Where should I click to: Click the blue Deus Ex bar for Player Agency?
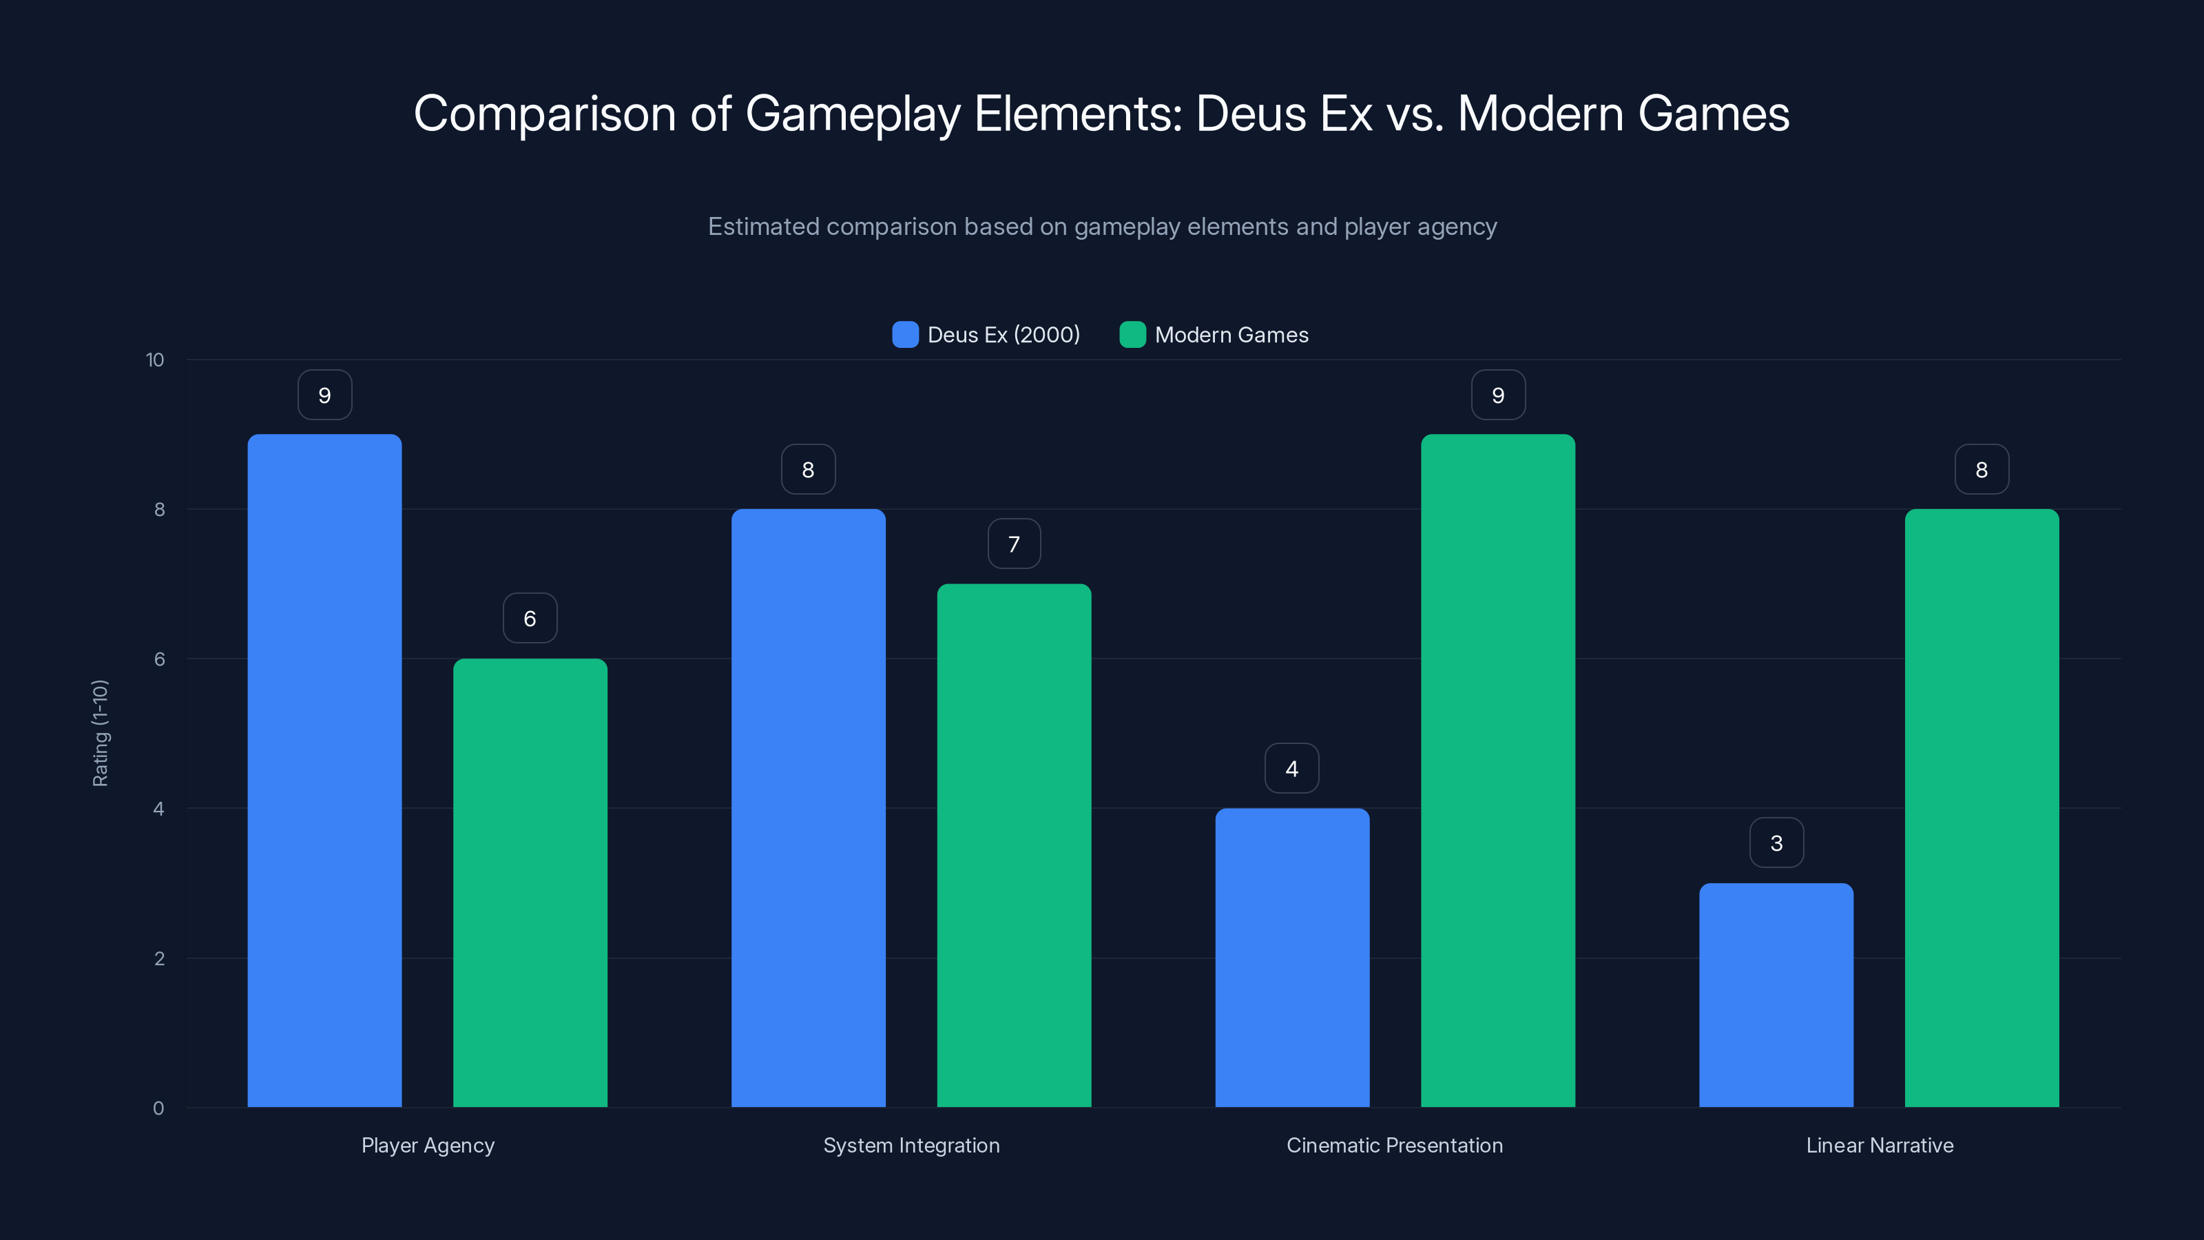pos(324,770)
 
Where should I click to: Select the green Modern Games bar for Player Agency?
pos(530,882)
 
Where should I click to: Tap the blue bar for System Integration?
pos(808,808)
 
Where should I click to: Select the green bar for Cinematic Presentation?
pos(1497,770)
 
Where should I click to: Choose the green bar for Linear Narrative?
pos(1982,808)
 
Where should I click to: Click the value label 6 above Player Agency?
pos(530,618)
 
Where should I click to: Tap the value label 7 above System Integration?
pos(1014,544)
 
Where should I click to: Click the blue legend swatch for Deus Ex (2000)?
pos(905,335)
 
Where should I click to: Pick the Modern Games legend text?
pos(1231,335)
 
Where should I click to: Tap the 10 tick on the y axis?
pos(155,360)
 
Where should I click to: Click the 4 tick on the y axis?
pos(158,809)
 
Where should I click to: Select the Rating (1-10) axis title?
pos(100,734)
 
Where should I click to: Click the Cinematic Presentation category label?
pos(1395,1145)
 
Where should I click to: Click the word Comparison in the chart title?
pos(544,114)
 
